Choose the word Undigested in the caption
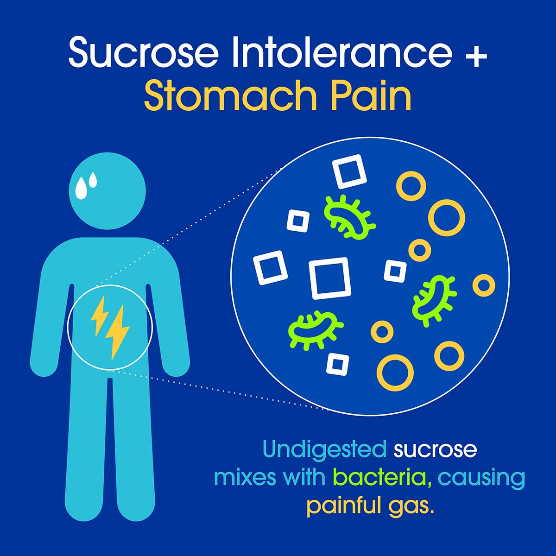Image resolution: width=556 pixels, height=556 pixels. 324,449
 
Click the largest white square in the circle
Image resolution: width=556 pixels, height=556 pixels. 329,278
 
